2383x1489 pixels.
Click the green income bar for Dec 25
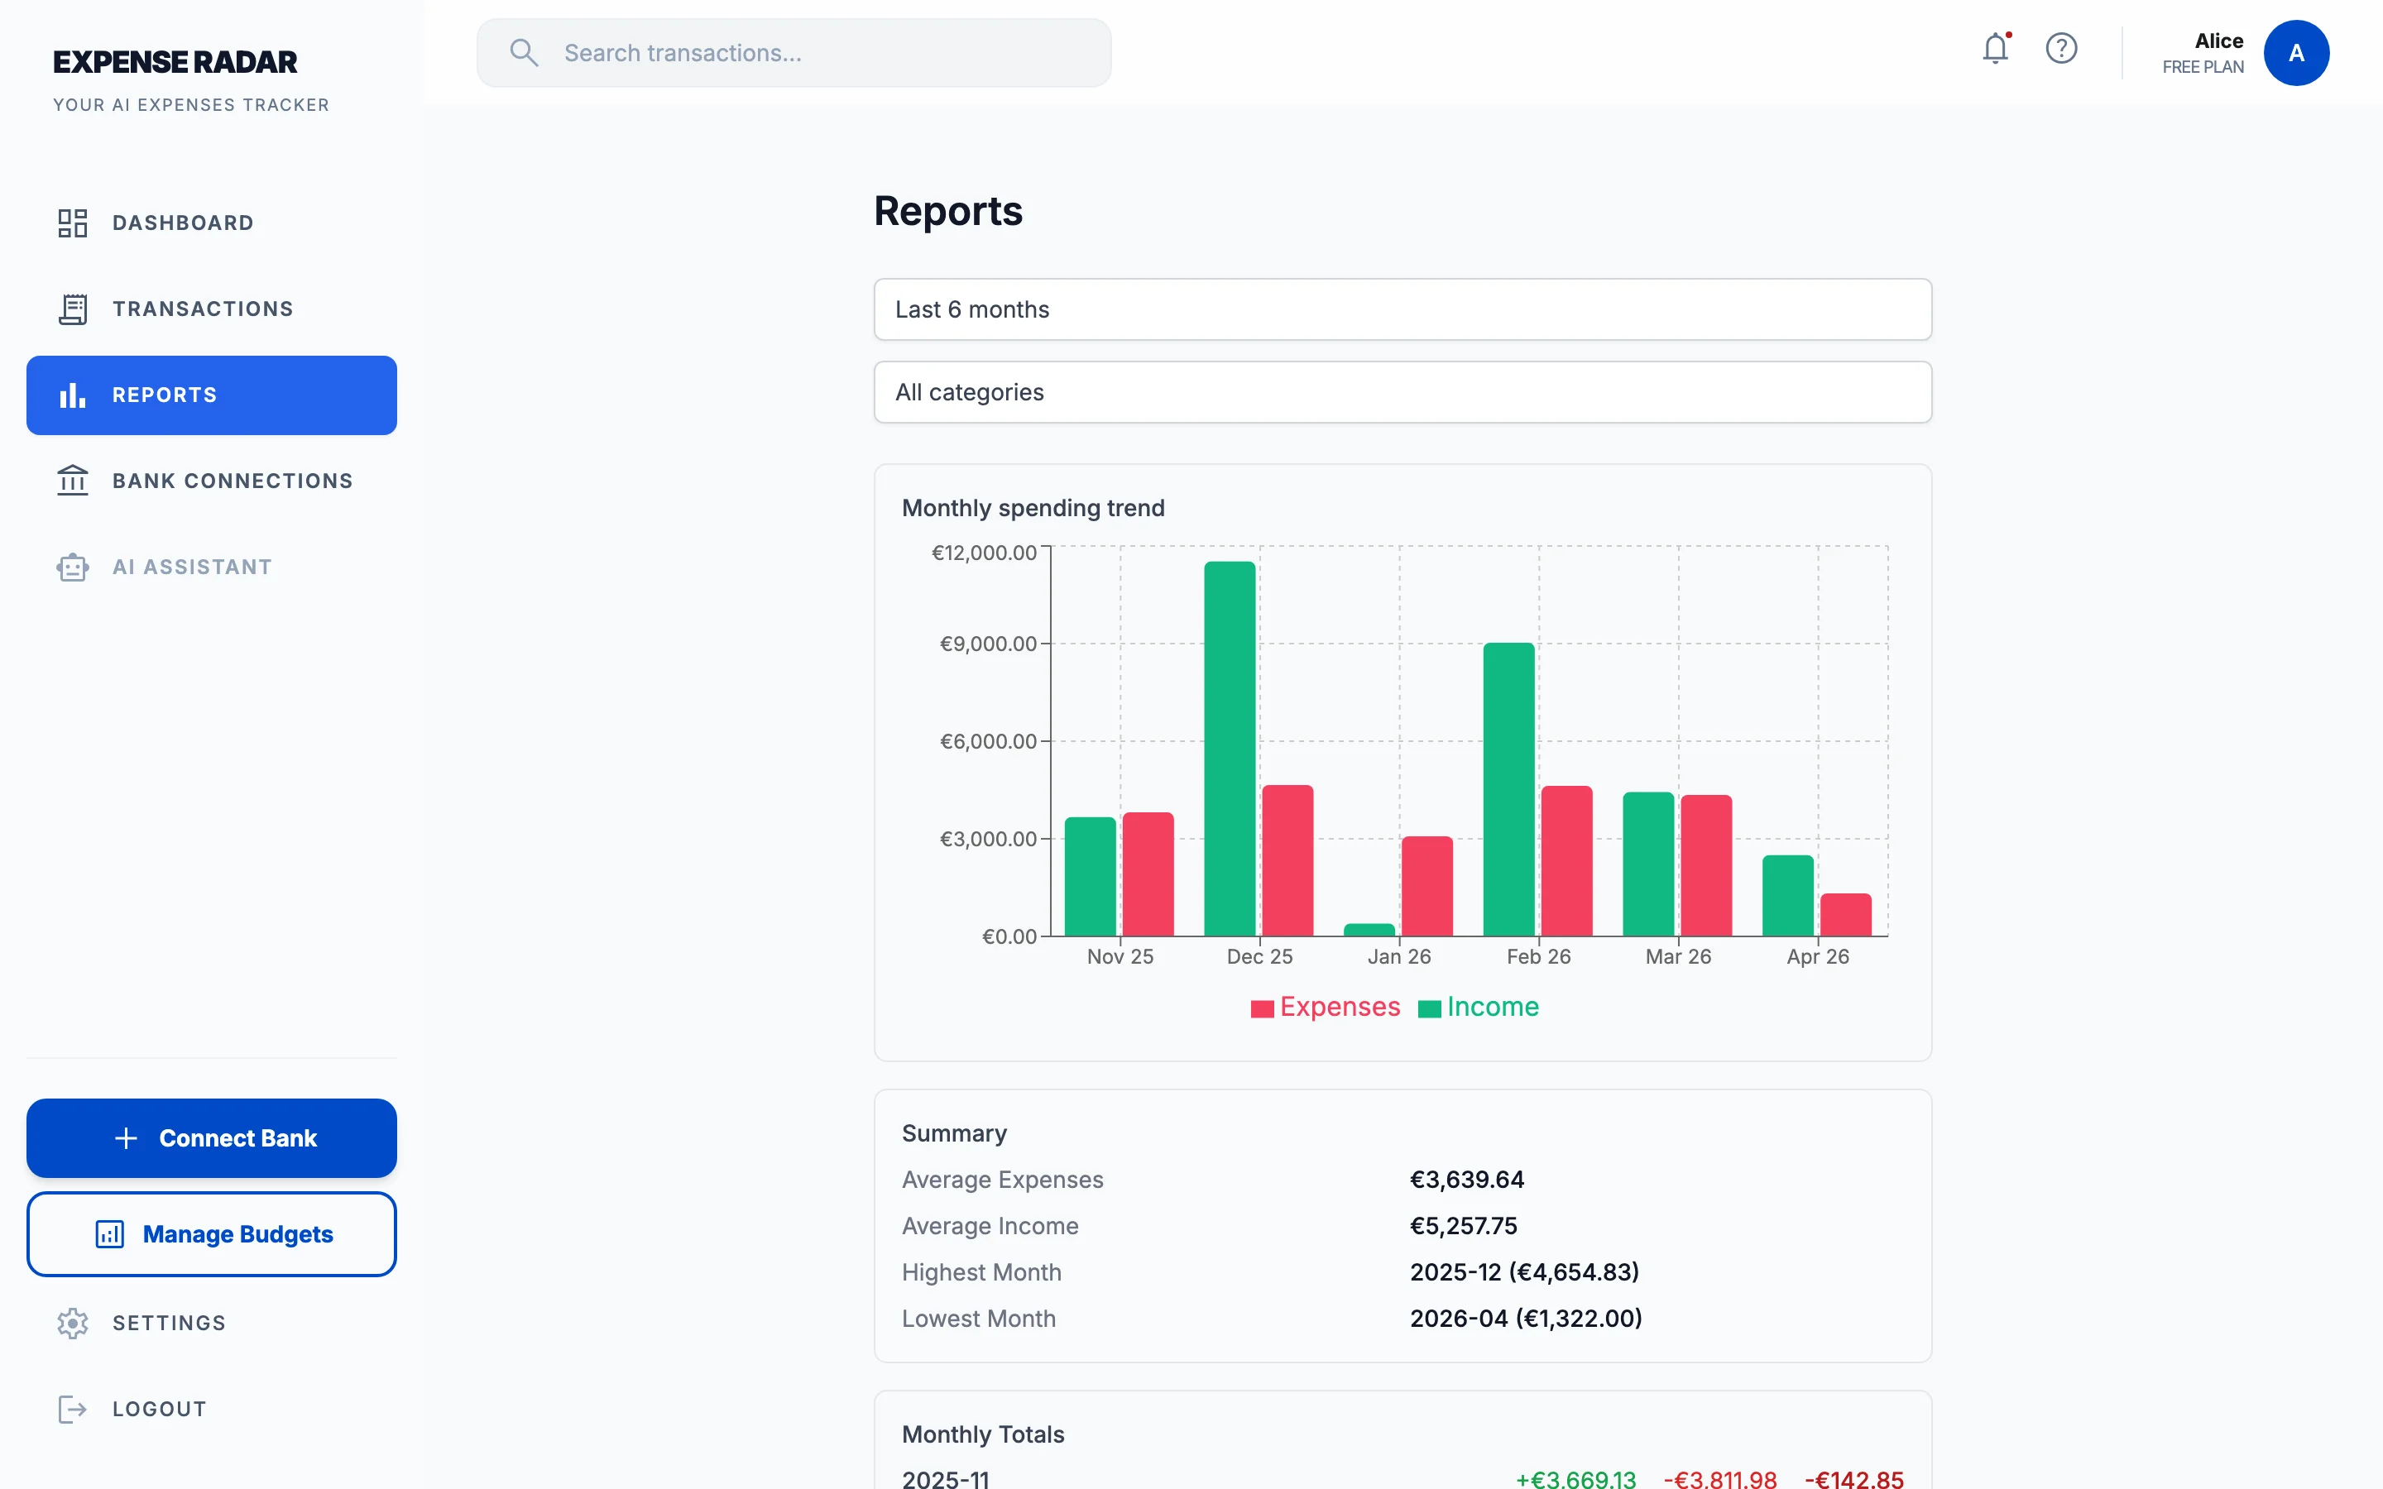1229,749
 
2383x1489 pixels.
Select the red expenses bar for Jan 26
1426,886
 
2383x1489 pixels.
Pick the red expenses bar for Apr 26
1844,915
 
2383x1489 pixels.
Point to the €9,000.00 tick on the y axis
988,644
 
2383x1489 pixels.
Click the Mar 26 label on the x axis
1677,956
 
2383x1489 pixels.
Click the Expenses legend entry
1326,1008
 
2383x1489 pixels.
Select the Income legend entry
1479,1008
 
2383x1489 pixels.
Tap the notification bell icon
1994,48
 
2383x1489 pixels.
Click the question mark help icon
2060,48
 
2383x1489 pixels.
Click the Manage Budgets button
212,1234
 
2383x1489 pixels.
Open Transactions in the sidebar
202,309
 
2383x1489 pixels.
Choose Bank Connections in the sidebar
232,481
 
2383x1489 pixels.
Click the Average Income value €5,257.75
1462,1226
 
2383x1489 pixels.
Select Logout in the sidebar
159,1408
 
